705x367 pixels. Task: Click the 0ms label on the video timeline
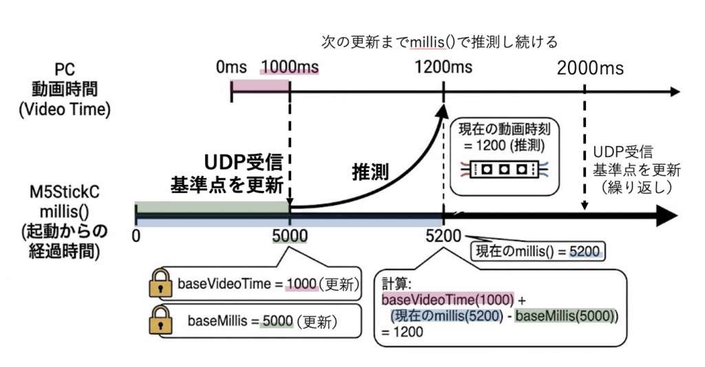click(231, 68)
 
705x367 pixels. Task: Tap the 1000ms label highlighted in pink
click(290, 68)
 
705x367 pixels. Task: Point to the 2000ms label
click(590, 68)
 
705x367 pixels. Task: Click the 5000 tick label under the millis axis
click(290, 236)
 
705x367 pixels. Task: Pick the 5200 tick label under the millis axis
click(444, 236)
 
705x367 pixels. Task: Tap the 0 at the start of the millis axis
click(136, 236)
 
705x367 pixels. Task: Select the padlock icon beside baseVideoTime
click(161, 284)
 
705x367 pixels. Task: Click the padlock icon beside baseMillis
click(161, 321)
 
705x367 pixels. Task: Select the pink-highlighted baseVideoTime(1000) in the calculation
click(448, 301)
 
